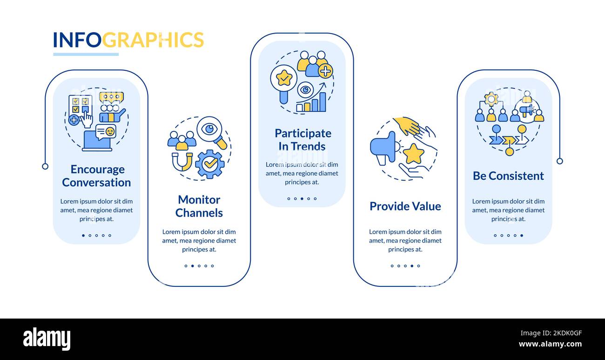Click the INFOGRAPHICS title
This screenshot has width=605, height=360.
tap(128, 40)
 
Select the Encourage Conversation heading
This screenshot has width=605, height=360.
tap(97, 176)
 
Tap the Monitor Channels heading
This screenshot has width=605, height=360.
tap(199, 206)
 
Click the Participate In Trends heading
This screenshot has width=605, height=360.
tap(302, 140)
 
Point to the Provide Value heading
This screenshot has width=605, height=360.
tap(405, 206)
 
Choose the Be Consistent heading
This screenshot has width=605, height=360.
tap(508, 176)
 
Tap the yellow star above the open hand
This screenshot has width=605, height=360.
tap(413, 154)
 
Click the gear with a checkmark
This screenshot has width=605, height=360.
tap(210, 164)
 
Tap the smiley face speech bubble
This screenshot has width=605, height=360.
tap(106, 132)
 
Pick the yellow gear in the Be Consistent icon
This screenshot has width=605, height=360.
tap(491, 98)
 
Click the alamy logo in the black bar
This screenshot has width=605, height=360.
tap(47, 339)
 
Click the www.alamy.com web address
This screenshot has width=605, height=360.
tap(550, 345)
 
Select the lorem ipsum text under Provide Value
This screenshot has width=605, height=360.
tap(405, 240)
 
